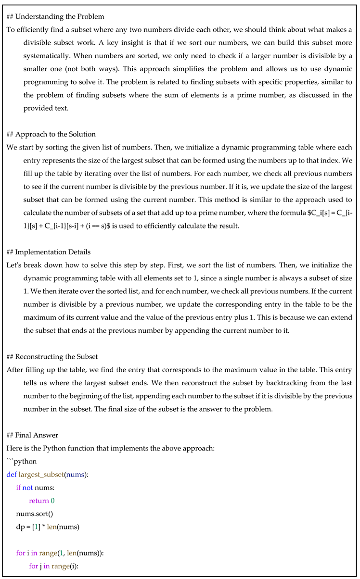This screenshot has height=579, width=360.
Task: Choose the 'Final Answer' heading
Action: point(37,435)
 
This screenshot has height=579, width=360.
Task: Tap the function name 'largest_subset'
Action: point(40,475)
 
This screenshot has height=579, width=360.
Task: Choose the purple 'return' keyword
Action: point(39,501)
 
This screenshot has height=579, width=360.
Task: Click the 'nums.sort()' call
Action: point(31,514)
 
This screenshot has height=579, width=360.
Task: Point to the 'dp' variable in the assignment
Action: point(20,527)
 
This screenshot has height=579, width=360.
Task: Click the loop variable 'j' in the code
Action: point(42,566)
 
